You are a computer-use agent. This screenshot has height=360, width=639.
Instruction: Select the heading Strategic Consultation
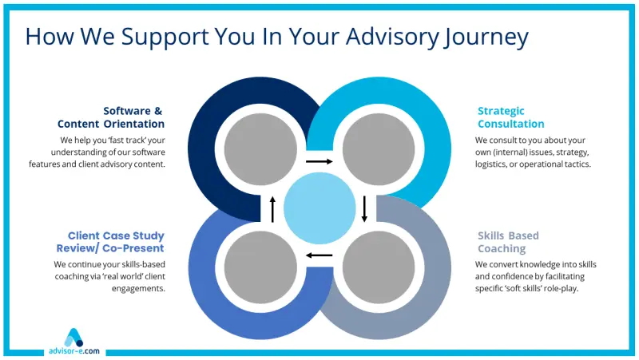pos(511,117)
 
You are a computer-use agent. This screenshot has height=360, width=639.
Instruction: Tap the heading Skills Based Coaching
pos(508,242)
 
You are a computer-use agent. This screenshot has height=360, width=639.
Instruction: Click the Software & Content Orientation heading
pos(111,117)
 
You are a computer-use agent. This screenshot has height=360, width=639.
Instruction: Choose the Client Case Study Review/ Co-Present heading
pos(116,242)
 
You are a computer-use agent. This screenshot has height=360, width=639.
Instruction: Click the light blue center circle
pos(319,208)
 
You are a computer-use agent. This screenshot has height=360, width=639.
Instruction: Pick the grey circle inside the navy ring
pos(259,149)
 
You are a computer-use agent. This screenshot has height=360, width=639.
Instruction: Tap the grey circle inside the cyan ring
pos(376,149)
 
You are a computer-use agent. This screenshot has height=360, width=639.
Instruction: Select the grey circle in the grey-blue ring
pos(376,267)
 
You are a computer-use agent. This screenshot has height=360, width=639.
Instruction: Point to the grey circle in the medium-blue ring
pos(259,267)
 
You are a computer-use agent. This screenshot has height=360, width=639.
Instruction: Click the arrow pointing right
pos(319,162)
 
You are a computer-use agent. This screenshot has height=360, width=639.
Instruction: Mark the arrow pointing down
pos(364,208)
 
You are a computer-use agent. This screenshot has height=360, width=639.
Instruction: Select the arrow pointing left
pos(319,255)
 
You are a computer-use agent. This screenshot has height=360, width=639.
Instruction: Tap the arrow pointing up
pos(272,209)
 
